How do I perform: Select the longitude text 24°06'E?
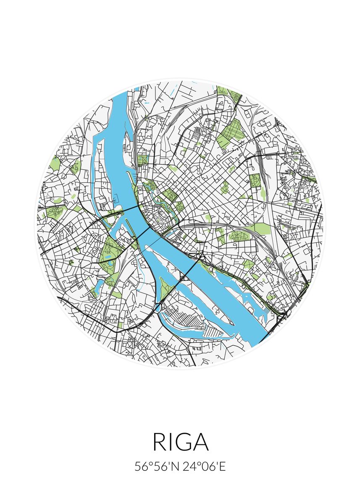pos(204,467)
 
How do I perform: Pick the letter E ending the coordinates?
pos(223,467)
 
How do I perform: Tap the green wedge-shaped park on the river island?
pos(166,288)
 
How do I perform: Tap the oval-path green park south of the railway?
pos(240,236)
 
